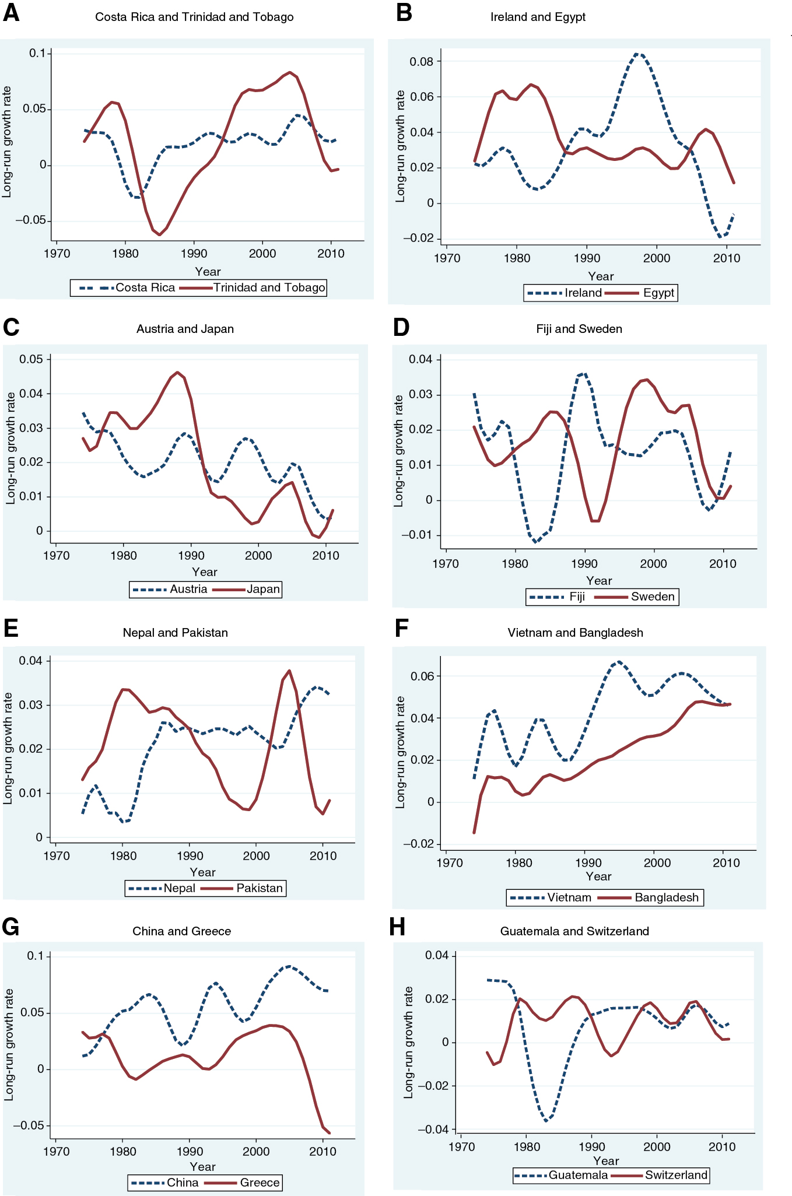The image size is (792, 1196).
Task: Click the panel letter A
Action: (x=11, y=13)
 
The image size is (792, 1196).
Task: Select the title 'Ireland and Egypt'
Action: (x=538, y=17)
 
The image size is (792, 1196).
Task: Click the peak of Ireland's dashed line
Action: (x=637, y=54)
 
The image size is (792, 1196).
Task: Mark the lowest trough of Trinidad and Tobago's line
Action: (x=159, y=234)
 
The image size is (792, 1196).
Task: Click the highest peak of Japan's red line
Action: (x=178, y=372)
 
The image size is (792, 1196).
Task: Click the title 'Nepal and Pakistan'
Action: (x=175, y=633)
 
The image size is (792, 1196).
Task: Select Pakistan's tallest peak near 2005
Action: (x=289, y=671)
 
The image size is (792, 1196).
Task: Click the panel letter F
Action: (x=401, y=629)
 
